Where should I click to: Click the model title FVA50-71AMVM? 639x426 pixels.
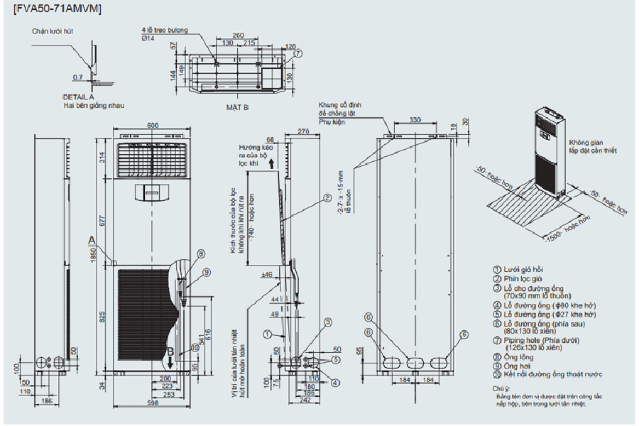(58, 9)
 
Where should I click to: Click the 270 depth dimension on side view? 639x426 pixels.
(303, 131)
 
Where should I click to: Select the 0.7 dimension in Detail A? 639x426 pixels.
(77, 77)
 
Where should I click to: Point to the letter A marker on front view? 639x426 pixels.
(92, 240)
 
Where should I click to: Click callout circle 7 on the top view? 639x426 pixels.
(298, 53)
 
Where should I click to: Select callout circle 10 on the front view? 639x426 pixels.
(194, 348)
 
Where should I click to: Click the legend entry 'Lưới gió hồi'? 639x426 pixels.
(523, 271)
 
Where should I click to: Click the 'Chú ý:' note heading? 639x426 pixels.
(501, 389)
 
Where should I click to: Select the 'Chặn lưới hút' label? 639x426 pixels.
(53, 32)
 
